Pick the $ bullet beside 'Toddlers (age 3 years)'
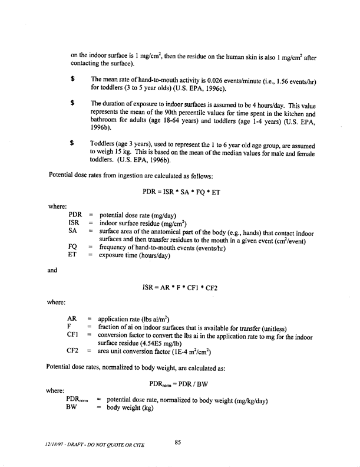[x=71, y=143]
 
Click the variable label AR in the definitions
[x=74, y=318]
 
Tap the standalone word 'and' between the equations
[x=54, y=272]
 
